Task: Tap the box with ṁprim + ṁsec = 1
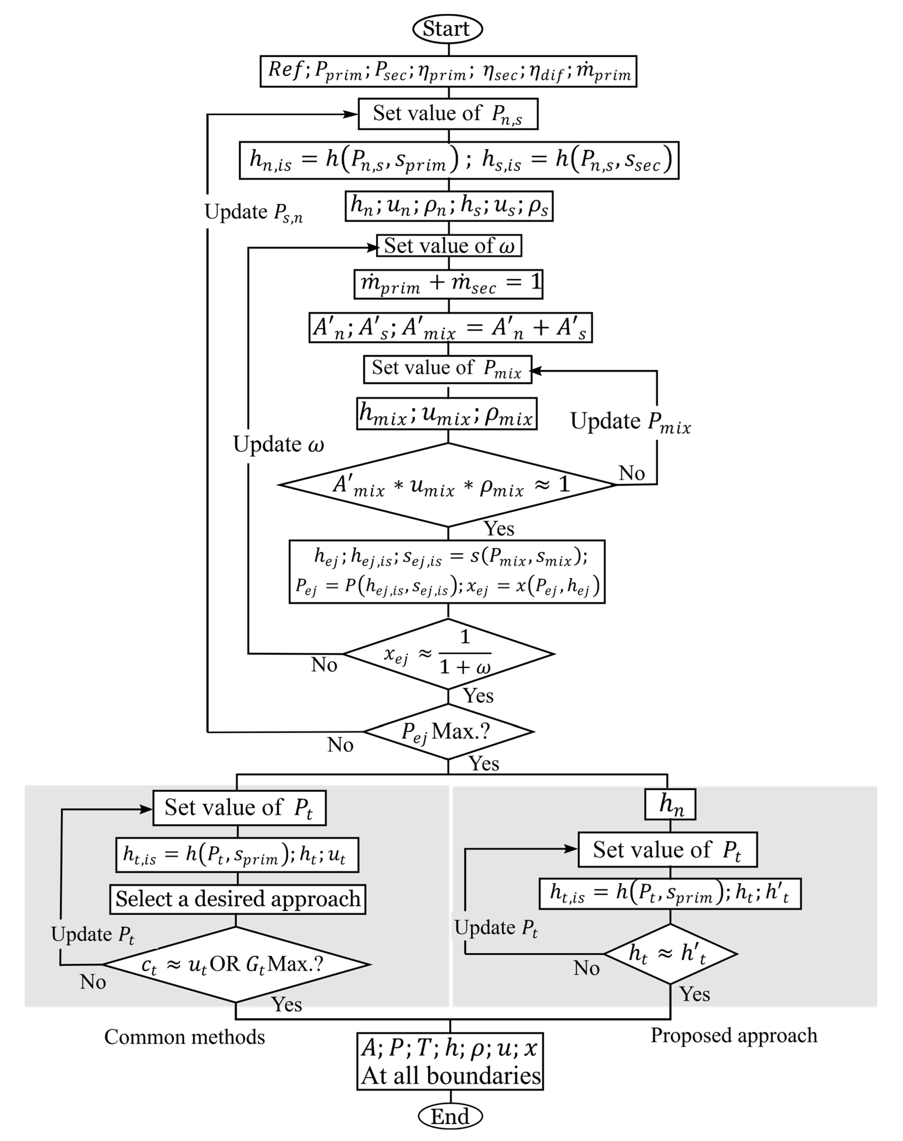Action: [448, 284]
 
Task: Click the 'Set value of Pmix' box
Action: [447, 368]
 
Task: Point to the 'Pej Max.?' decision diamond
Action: [448, 732]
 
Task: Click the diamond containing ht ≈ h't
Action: [670, 954]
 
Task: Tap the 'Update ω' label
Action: [278, 445]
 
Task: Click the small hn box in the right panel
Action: [670, 804]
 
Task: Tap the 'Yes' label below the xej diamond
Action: [478, 695]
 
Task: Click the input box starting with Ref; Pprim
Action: [448, 71]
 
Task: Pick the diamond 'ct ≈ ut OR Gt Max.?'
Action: [236, 964]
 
